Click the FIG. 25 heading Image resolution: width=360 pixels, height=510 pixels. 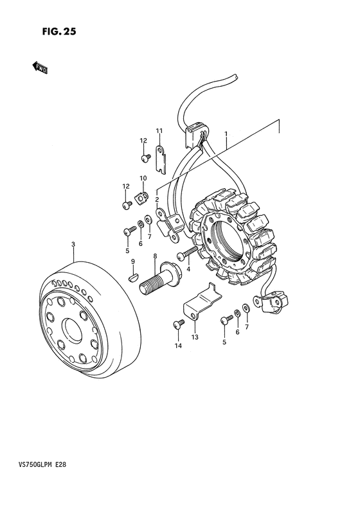(x=59, y=31)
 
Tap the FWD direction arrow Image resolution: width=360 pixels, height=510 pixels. (x=40, y=67)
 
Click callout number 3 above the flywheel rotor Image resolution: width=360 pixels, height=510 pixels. (x=73, y=244)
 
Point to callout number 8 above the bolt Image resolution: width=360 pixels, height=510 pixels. (x=155, y=256)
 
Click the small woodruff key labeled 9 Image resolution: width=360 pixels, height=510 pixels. (x=133, y=278)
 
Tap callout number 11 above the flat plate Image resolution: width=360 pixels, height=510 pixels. (x=159, y=131)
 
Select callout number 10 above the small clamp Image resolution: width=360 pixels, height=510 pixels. (x=143, y=178)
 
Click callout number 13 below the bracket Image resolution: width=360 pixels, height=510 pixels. (x=195, y=337)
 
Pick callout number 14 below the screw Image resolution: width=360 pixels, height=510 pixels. (x=178, y=346)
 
